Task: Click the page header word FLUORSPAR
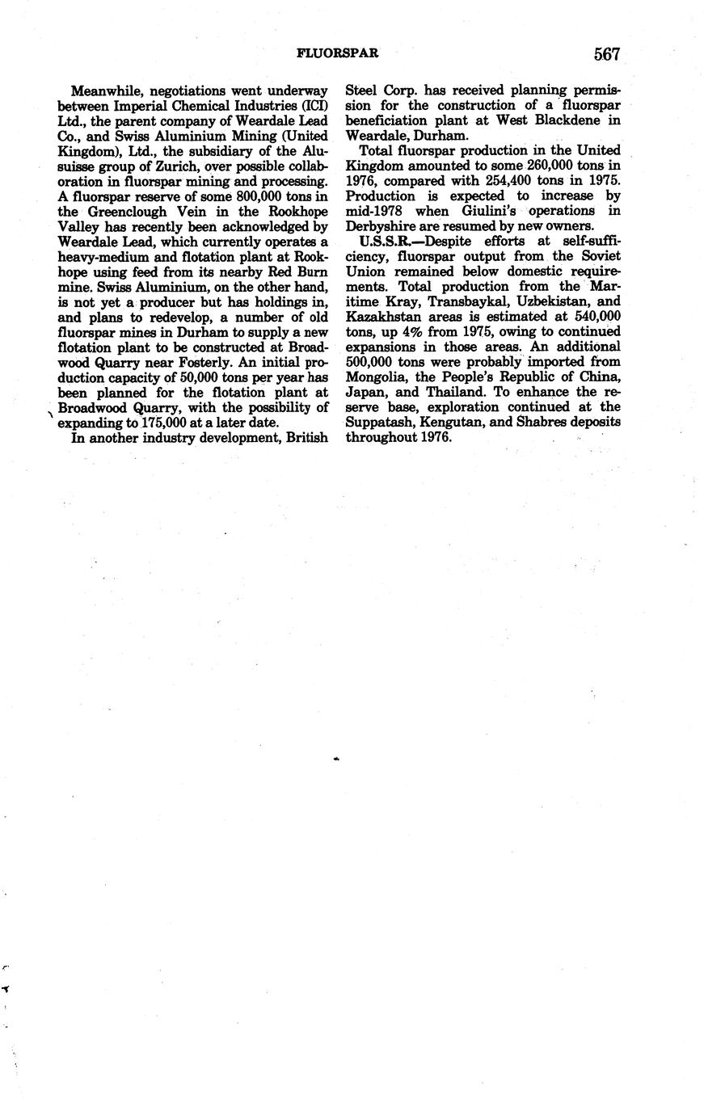[x=339, y=54]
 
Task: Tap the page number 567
[x=606, y=54]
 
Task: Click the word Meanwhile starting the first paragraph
[x=103, y=90]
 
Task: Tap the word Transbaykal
[x=443, y=301]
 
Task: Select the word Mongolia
[x=375, y=377]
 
